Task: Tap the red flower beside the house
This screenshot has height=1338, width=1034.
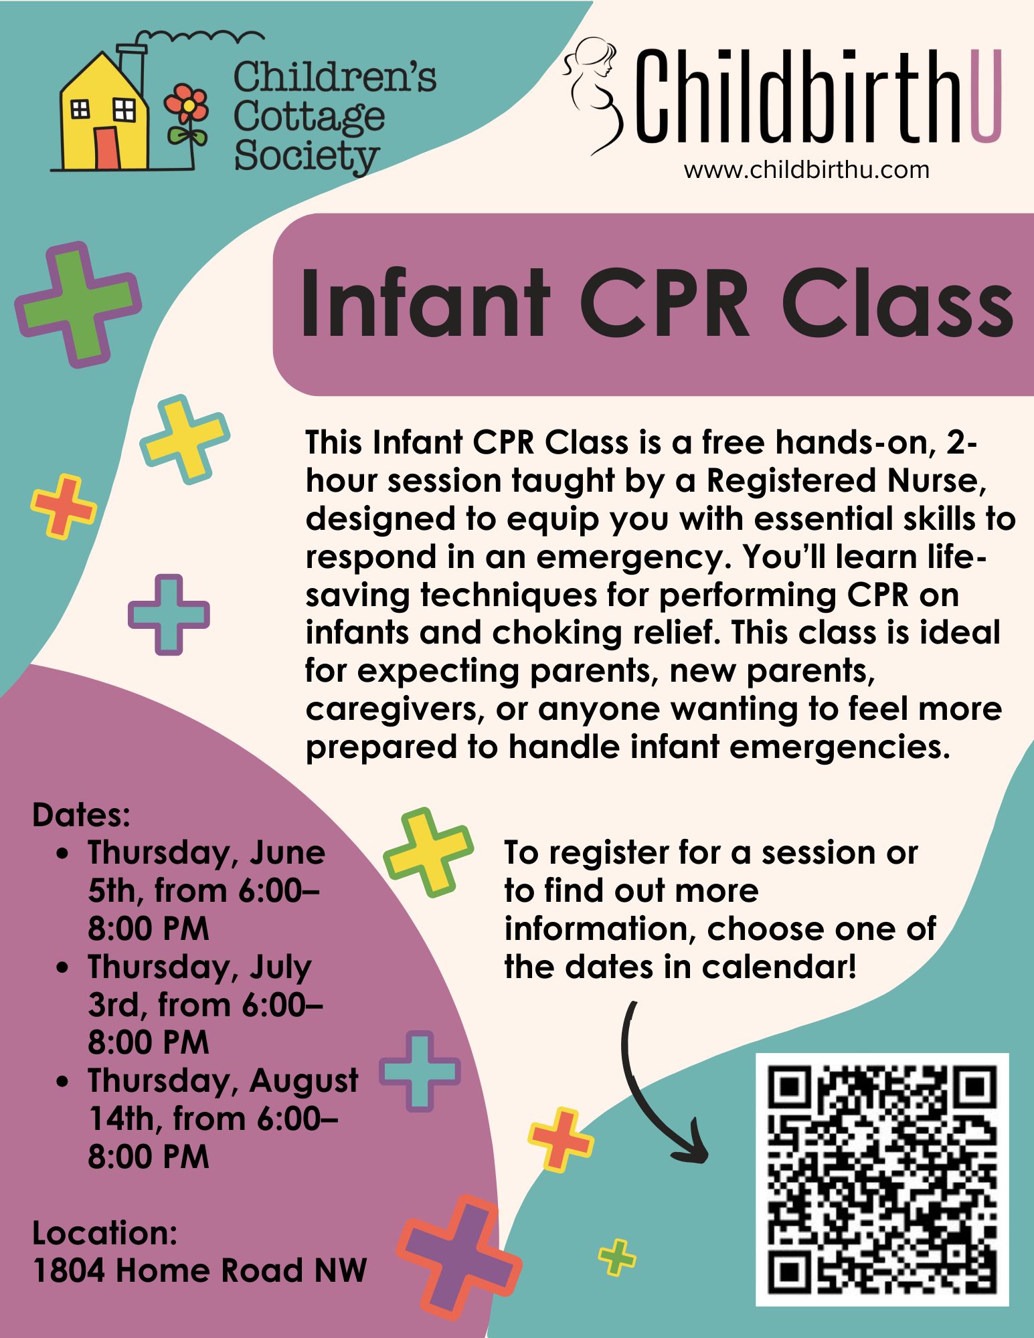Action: pyautogui.click(x=188, y=107)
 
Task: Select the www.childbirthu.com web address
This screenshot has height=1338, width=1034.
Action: pyautogui.click(x=806, y=170)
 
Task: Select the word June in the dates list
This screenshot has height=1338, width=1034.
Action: pyautogui.click(x=288, y=852)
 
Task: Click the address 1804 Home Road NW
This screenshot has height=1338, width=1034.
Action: pyautogui.click(x=200, y=1270)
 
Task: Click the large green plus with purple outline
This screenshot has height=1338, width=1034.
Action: pyautogui.click(x=78, y=305)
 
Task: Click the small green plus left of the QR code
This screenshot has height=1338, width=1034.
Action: pyautogui.click(x=617, y=1257)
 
